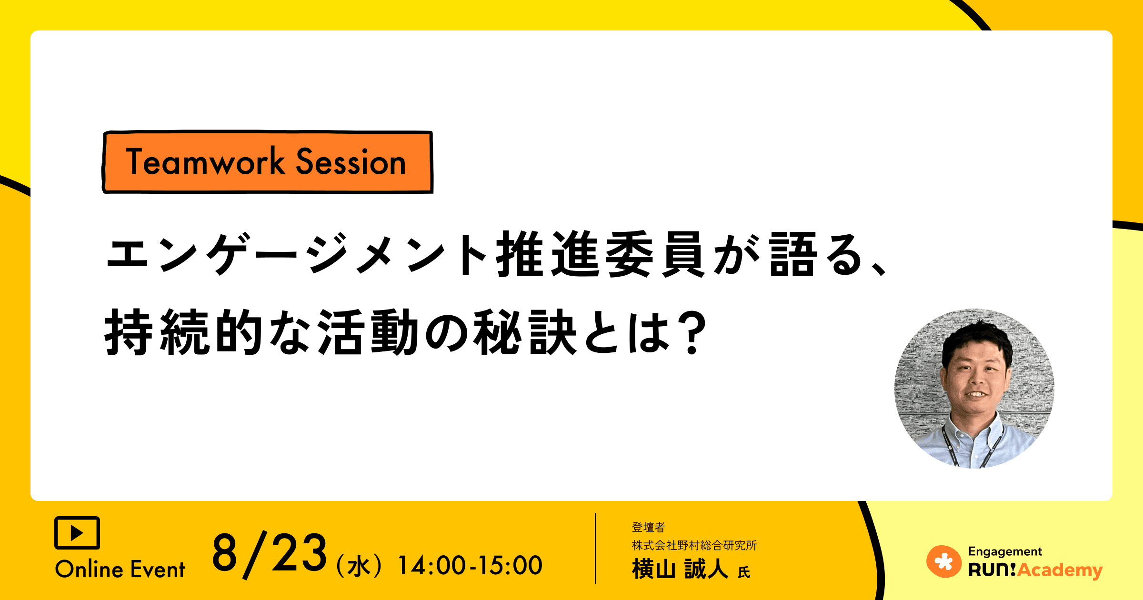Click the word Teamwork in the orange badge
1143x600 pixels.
[205, 162]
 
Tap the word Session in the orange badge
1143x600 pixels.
[351, 162]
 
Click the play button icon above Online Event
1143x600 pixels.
[77, 532]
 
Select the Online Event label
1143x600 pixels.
[120, 570]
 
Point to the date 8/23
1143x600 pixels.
[269, 553]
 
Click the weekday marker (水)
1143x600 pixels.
[359, 566]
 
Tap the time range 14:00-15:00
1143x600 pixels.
[470, 566]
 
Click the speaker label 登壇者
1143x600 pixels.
[648, 527]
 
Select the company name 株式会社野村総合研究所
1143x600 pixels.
[694, 545]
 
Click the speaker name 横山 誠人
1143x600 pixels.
[680, 569]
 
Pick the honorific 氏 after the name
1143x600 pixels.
[744, 572]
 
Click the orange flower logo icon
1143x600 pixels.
[943, 561]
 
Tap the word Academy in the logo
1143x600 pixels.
[1060, 570]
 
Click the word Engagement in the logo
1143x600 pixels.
[1005, 551]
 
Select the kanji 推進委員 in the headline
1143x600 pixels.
[600, 254]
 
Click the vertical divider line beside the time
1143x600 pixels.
[595, 548]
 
